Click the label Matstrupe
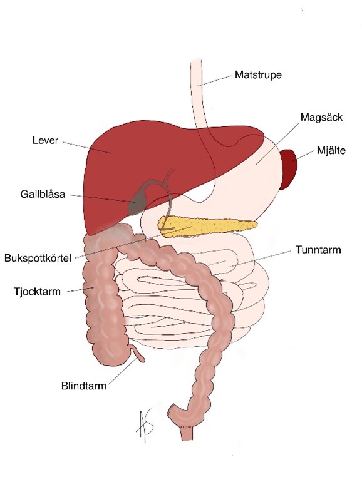258,75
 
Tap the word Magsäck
321,118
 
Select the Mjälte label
331,151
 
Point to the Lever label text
45,140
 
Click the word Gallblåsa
43,194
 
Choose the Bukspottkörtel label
38,258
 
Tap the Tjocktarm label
37,292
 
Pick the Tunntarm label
318,250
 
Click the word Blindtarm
84,386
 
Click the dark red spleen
289,169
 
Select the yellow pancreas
206,226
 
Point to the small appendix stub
138,354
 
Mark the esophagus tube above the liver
199,92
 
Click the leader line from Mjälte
306,155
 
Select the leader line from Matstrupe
215,80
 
